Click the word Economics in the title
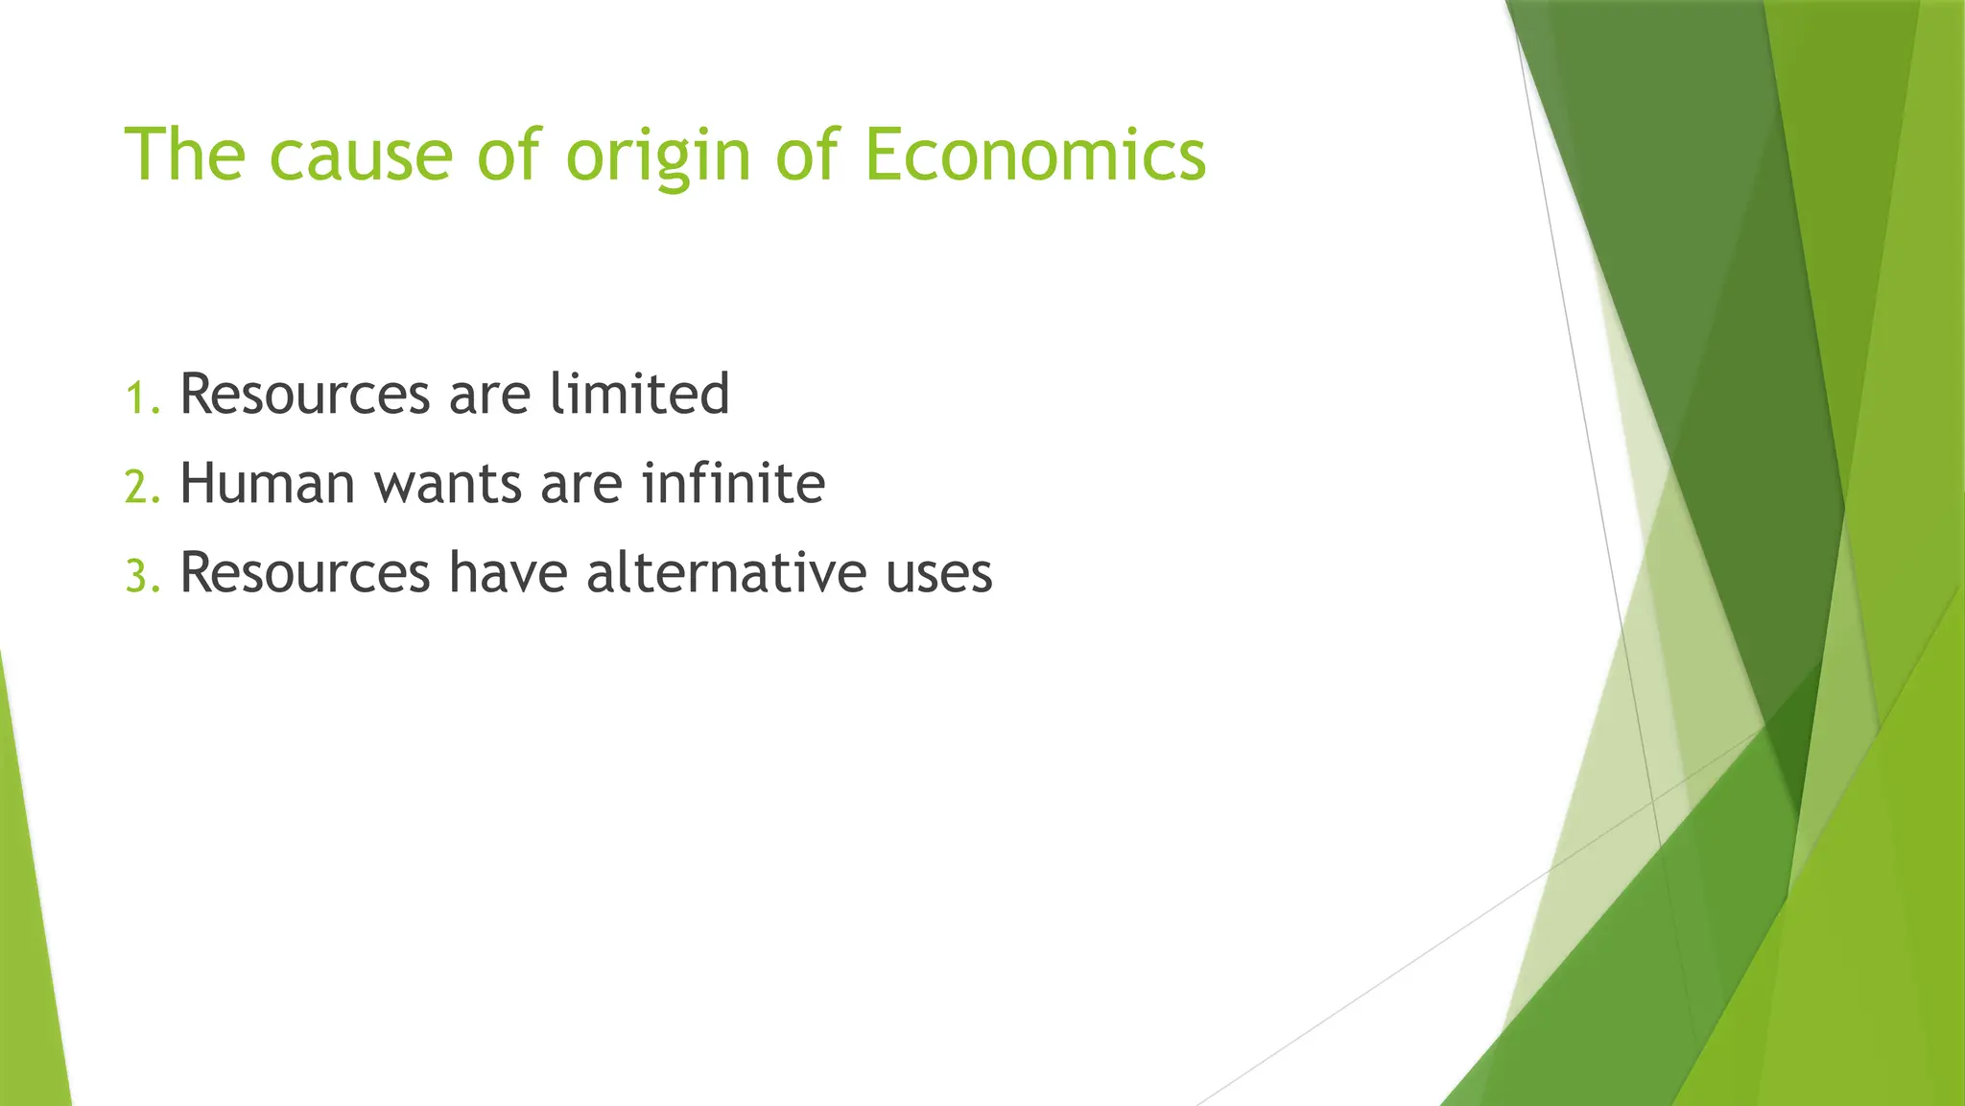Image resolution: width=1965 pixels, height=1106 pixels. [x=1034, y=155]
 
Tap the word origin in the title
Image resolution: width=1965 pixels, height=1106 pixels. [x=657, y=156]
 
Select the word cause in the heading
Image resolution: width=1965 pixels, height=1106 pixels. [x=360, y=156]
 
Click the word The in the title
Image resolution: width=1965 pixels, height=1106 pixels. [x=185, y=155]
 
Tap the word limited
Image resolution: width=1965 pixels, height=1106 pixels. [x=639, y=394]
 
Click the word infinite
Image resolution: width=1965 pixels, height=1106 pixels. [x=733, y=483]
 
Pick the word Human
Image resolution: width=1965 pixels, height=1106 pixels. [x=268, y=483]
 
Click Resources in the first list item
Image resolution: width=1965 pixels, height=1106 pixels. [x=305, y=394]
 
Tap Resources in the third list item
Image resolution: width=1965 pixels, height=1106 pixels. [x=305, y=572]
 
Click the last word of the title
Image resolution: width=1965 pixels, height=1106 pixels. [x=1034, y=155]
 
